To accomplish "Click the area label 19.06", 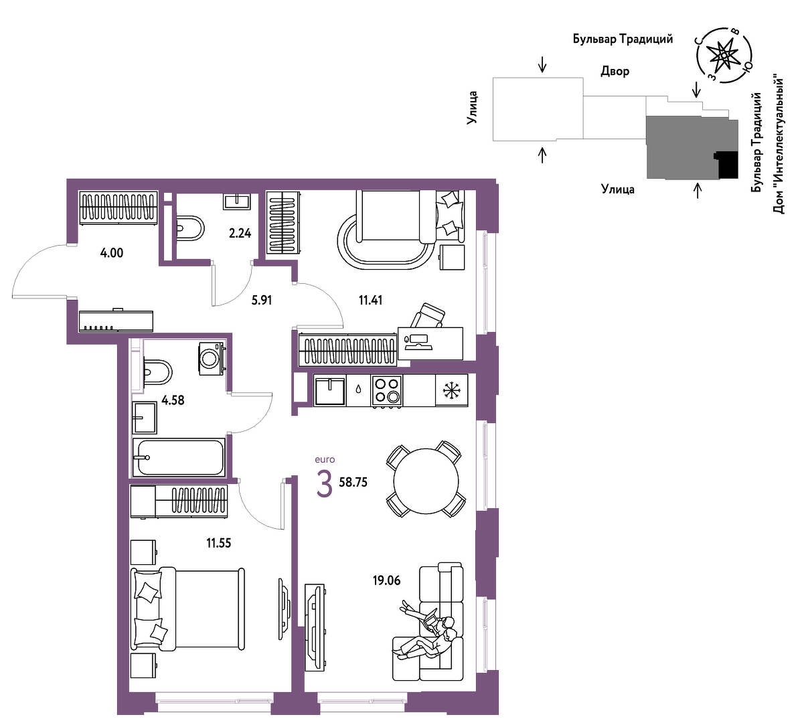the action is [x=386, y=580].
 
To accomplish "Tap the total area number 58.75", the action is [x=353, y=482].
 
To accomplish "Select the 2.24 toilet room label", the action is [x=240, y=233].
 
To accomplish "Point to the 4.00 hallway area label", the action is [x=111, y=253].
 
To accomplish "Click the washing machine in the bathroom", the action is [x=211, y=358].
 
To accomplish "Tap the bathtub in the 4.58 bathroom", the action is [x=179, y=457].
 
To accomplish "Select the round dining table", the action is [x=426, y=481].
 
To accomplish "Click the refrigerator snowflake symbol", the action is [x=452, y=390].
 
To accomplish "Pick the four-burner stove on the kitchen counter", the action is [x=387, y=390].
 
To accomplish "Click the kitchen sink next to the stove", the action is [x=329, y=390].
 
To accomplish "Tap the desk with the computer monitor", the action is [x=430, y=343].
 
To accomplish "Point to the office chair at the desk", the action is [x=427, y=315].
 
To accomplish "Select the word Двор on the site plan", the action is [x=615, y=71].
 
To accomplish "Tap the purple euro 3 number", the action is [x=325, y=484].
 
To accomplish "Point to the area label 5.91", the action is [x=261, y=300].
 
